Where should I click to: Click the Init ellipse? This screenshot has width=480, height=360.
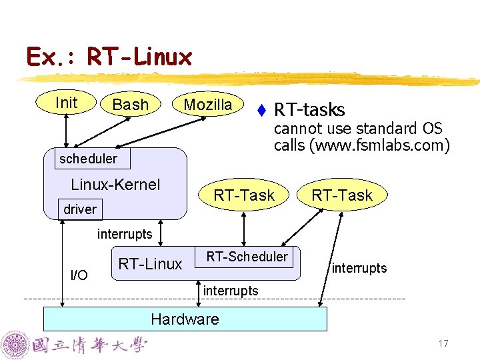click(x=66, y=103)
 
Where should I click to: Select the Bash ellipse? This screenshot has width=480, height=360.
click(x=131, y=105)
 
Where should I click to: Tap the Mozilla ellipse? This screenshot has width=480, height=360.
click(x=207, y=105)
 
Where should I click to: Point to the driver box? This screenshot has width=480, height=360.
click(x=80, y=209)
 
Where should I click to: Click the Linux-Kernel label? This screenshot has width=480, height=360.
click(x=115, y=185)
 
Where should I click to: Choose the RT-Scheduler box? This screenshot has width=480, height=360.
click(x=247, y=257)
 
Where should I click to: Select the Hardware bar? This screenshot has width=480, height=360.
click(x=185, y=319)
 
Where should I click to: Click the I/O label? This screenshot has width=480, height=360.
click(x=79, y=275)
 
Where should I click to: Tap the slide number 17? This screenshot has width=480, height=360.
click(x=443, y=343)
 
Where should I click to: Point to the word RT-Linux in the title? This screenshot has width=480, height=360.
click(x=139, y=57)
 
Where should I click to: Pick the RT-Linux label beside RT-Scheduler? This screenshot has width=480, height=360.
click(x=150, y=264)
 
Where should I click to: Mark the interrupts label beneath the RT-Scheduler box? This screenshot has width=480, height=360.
click(x=230, y=291)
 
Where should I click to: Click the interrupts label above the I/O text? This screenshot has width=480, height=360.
click(x=125, y=234)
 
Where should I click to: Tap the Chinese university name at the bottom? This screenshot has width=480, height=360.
click(x=90, y=345)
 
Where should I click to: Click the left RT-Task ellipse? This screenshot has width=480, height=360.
click(x=243, y=195)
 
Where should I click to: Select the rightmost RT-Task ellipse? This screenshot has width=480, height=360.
click(x=342, y=195)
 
